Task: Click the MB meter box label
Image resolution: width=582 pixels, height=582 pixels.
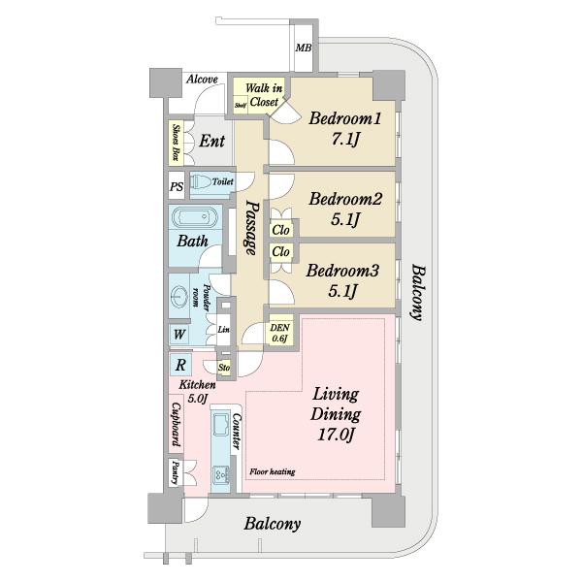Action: coord(304,48)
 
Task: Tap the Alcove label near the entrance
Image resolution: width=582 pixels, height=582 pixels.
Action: coord(202,80)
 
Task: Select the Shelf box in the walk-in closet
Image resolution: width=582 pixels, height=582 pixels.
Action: coord(241,105)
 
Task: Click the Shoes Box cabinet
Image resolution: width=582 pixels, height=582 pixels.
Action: coord(176,143)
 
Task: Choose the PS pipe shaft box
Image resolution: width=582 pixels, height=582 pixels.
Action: coord(177,185)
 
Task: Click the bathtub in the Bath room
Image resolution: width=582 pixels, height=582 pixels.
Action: coord(194,217)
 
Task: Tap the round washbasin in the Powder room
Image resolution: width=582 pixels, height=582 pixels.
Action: coord(179,296)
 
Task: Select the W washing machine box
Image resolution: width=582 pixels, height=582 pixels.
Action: coord(179,335)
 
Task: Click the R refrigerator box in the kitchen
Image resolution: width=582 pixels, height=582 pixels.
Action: coord(180,365)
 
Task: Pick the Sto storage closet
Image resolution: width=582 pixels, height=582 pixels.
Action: coord(224,368)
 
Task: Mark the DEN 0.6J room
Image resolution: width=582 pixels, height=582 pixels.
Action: coord(280,333)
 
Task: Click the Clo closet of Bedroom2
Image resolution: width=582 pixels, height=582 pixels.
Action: coord(281,230)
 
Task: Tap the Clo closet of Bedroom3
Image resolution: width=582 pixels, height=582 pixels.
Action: coord(281,252)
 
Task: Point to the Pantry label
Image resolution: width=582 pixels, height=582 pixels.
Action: coord(176,473)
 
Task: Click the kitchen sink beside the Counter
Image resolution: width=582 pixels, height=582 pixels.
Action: coord(221,424)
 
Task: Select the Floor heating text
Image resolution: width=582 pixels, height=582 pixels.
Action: coord(272,471)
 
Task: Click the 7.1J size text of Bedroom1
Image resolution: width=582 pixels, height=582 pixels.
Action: coord(345,140)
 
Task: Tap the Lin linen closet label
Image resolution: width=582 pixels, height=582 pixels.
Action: coord(223,329)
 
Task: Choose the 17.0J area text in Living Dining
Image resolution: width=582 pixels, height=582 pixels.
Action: coord(336,435)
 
